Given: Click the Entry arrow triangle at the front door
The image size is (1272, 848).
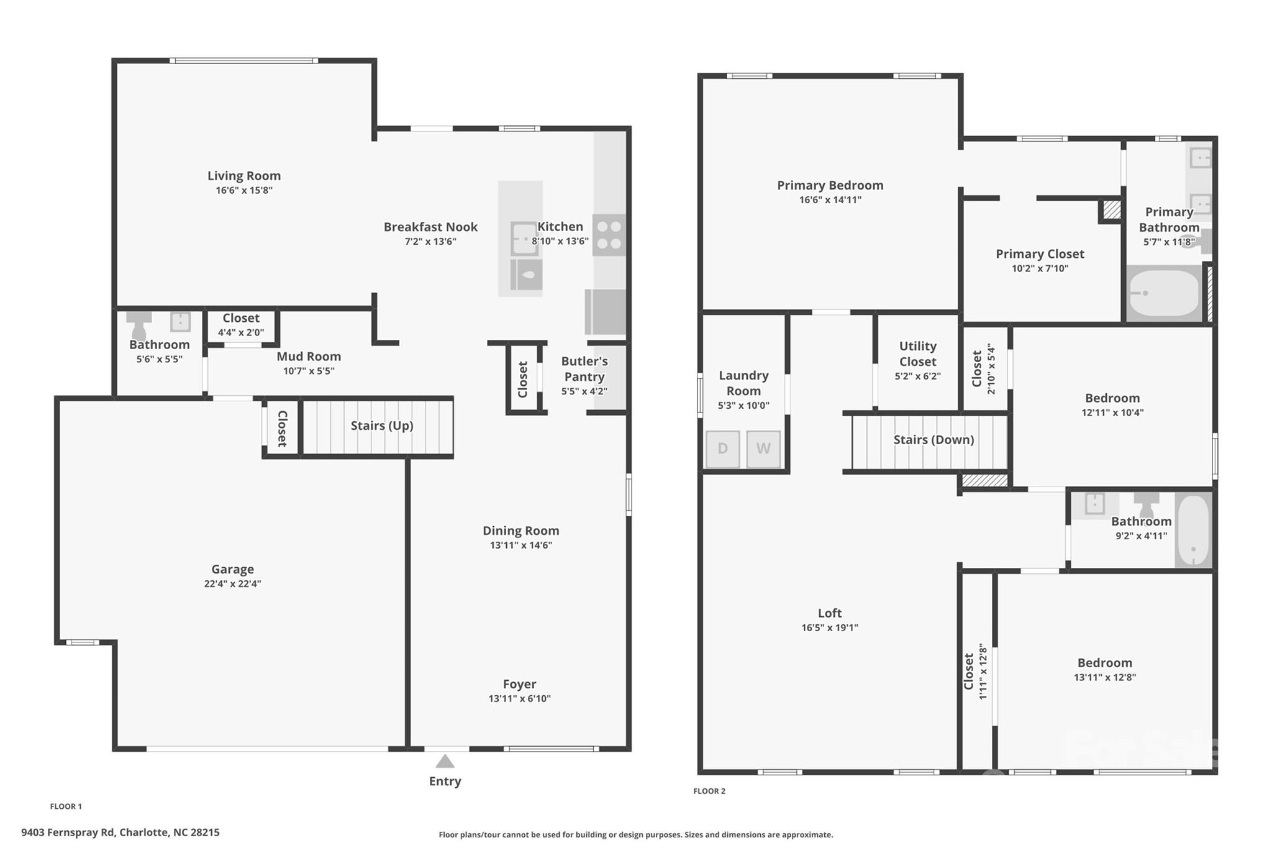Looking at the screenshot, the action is pos(445,761).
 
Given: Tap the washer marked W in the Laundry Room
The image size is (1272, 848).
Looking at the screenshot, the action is pos(763,449).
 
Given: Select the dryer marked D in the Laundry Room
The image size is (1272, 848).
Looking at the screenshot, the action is pos(723,449).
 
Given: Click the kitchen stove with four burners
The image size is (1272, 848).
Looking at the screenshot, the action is pos(609,235).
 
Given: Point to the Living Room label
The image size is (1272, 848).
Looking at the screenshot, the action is pos(244,176).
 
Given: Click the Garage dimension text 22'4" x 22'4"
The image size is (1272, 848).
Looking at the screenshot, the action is pos(232,583).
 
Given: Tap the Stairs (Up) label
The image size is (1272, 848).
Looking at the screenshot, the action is pos(382,426).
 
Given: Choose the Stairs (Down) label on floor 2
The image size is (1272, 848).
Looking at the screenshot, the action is pos(934,440).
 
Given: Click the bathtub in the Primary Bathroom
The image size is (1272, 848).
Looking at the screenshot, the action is pos(1164,293).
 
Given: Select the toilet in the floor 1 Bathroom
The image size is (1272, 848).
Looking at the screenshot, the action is pos(139,324).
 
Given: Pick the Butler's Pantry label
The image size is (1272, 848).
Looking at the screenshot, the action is pos(584,369).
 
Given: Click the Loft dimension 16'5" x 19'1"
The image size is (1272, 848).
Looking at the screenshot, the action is pos(830,627).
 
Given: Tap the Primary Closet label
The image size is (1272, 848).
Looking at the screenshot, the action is pos(1040,253).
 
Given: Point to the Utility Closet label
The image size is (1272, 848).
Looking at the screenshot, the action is pos(918,354).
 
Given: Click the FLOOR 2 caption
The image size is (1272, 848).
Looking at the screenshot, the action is pos(709,791).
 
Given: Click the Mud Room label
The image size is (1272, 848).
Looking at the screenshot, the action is pos(309,357).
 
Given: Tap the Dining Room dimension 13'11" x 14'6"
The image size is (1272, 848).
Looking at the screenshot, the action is pos(520,545).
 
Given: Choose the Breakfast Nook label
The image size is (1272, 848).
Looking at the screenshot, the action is pos(430,227).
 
